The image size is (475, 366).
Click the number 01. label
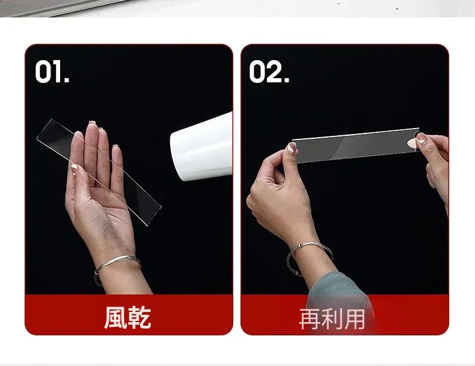(52, 71)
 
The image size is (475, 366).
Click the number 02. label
(269, 71)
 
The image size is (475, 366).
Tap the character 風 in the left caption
(115, 317)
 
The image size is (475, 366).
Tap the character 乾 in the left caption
(139, 317)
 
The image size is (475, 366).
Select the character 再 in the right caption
(310, 319)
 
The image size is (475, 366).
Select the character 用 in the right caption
(354, 319)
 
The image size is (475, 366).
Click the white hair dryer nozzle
(201, 147)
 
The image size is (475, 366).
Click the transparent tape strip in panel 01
(99, 172)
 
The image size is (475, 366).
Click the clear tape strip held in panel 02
(356, 145)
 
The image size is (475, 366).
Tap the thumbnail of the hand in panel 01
(74, 169)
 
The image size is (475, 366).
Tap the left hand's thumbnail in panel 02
(292, 148)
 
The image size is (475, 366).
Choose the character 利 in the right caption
(332, 319)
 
